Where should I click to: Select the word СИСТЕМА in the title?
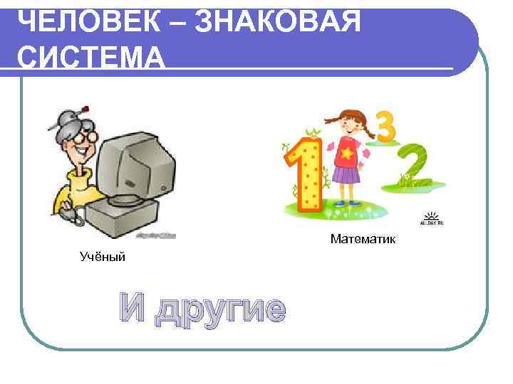coord(90,57)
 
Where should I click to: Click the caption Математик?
coord(363,238)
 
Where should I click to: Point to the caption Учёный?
coord(102,256)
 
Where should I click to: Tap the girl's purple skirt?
coord(346,173)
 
